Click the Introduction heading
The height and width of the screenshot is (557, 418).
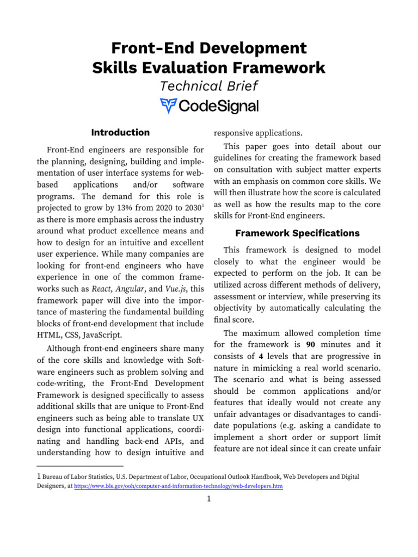pos(120,132)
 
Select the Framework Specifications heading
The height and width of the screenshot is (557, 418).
pos(297,233)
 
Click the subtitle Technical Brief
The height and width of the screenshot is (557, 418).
pos(209,86)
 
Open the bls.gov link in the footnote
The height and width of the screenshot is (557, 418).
pos(178,487)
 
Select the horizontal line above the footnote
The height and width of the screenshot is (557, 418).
pos(79,466)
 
